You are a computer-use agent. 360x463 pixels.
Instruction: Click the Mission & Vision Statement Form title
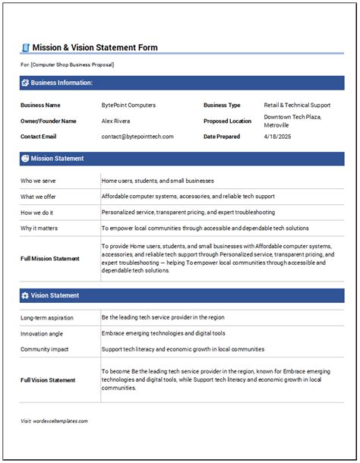point(95,48)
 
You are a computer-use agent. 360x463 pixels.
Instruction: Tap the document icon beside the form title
point(25,48)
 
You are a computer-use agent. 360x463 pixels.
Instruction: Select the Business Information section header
point(62,82)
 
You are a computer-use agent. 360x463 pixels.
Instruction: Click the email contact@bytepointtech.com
point(137,137)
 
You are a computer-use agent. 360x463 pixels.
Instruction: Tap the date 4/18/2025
point(276,137)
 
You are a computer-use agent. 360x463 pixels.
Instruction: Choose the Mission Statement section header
point(58,159)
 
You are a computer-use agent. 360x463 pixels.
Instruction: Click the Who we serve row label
point(39,181)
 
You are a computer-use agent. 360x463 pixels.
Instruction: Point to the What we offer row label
point(39,197)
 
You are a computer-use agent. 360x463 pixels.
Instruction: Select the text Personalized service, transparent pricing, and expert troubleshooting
point(188,213)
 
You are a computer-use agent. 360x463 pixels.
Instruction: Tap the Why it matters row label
point(39,228)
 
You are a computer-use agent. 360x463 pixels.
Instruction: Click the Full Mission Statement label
point(50,259)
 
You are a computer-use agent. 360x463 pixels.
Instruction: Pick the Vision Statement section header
point(55,295)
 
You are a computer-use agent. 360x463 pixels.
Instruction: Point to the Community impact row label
point(46,349)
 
